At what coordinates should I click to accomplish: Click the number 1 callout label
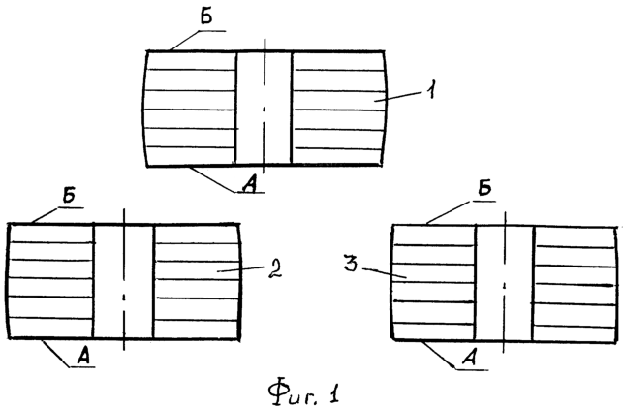click(x=430, y=89)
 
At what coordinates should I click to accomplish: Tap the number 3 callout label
click(x=351, y=263)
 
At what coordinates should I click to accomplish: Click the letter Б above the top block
click(x=206, y=17)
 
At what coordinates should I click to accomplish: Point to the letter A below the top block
click(x=250, y=184)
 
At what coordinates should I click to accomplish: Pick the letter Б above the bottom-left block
click(x=70, y=196)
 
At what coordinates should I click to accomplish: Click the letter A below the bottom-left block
click(x=83, y=357)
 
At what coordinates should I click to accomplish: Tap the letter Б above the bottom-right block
click(x=484, y=190)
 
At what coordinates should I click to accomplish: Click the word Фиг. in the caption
click(x=294, y=393)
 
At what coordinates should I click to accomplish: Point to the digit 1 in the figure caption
click(x=334, y=393)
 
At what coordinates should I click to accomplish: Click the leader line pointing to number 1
click(x=398, y=96)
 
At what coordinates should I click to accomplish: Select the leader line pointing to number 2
click(x=241, y=269)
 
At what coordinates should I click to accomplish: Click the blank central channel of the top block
click(x=264, y=108)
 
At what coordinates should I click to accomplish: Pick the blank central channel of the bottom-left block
click(x=123, y=281)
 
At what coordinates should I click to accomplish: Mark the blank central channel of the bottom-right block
click(x=504, y=283)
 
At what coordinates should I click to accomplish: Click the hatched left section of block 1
click(x=190, y=108)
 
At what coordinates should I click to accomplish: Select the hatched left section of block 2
click(x=50, y=281)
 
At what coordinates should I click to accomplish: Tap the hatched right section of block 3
click(x=576, y=284)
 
